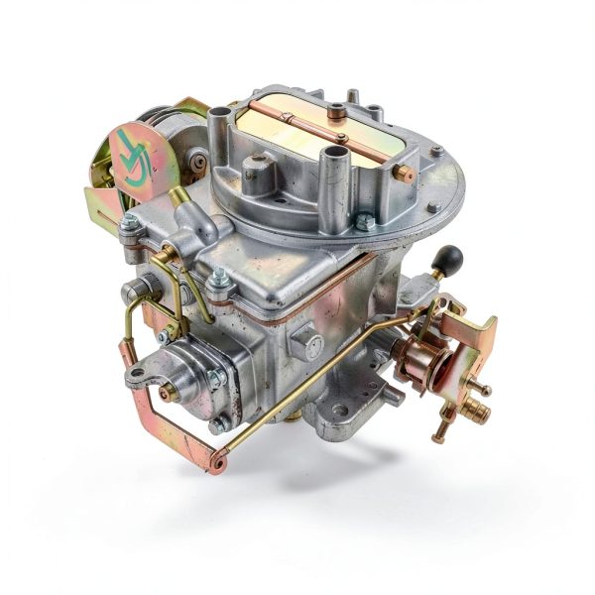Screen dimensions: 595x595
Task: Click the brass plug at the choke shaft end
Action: [x=404, y=174]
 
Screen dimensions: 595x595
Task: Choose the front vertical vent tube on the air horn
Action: [x=337, y=165]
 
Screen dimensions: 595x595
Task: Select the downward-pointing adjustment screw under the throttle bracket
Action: [x=437, y=432]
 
